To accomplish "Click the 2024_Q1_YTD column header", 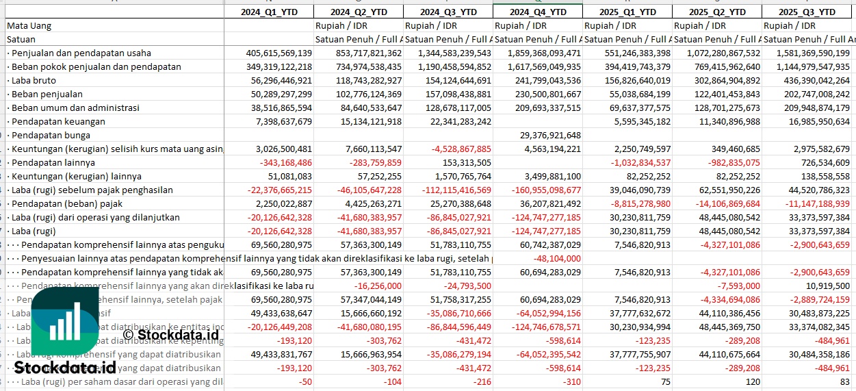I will (268, 12).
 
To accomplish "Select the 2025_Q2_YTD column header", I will (716, 12).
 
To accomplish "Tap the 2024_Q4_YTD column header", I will (537, 12).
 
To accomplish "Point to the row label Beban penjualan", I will (47, 94).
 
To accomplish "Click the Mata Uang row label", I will (29, 25).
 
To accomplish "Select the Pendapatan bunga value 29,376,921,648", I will (541, 135).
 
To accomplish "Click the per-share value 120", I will (753, 381).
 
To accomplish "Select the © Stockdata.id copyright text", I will (171, 334).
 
